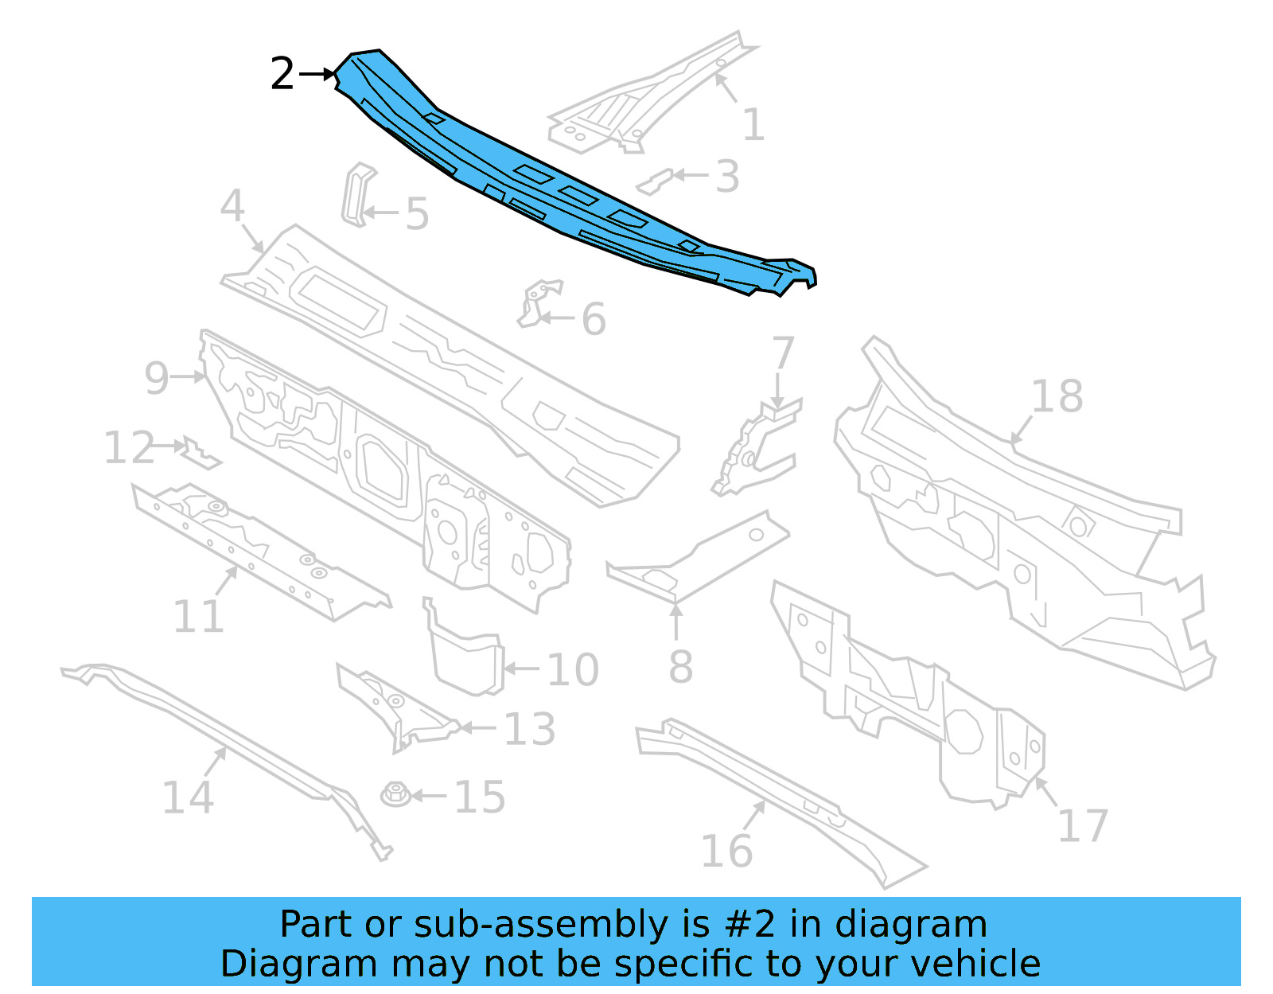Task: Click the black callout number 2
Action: click(282, 74)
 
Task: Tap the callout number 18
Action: click(1057, 396)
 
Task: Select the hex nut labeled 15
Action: click(395, 793)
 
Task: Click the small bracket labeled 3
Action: click(655, 181)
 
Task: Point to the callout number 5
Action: click(417, 214)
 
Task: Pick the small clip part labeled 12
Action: click(199, 454)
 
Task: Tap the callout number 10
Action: click(572, 669)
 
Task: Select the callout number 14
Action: click(188, 797)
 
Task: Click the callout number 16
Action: click(726, 851)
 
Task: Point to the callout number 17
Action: click(1082, 825)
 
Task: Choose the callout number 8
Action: click(680, 666)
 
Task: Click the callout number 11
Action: click(199, 616)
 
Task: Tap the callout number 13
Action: click(529, 728)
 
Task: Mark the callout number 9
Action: click(157, 377)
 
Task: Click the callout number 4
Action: click(232, 205)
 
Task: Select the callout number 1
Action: click(753, 124)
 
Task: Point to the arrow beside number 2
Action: click(318, 74)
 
